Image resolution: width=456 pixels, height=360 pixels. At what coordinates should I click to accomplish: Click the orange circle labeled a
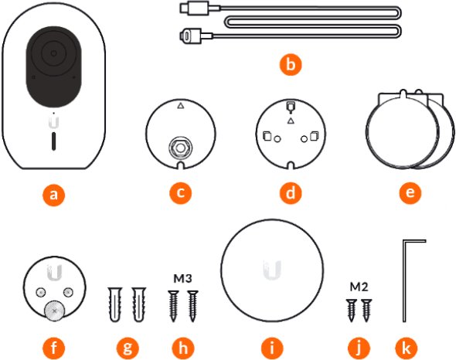point(54,195)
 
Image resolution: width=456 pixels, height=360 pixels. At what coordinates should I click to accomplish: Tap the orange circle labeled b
point(291,64)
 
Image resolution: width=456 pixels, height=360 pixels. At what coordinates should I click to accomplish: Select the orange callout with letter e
point(410,192)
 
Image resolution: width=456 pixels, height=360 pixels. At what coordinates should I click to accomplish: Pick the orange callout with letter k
point(407,348)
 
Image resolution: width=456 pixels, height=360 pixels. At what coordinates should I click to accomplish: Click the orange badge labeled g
point(128,348)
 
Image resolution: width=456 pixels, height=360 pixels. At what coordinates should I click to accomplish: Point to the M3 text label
point(183,279)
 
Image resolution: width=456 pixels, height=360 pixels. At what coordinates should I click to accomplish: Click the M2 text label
point(359,287)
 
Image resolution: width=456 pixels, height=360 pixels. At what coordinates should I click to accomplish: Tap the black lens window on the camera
point(54,66)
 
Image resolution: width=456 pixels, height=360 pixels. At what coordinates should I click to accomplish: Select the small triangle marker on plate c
point(181,106)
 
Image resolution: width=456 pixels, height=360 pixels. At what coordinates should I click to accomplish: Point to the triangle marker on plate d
point(291,121)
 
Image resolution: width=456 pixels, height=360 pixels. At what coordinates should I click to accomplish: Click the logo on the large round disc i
point(272,270)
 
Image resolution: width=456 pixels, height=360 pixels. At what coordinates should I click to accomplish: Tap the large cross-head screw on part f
point(54,311)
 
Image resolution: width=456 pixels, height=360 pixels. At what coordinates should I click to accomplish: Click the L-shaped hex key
point(404,281)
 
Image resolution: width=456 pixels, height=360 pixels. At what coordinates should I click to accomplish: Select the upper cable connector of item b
point(194,8)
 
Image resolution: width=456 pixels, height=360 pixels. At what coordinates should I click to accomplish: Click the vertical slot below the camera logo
point(54,141)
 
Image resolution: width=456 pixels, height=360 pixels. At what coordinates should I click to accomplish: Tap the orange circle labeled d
point(291,192)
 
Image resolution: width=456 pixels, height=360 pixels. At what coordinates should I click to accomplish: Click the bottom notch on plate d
point(291,165)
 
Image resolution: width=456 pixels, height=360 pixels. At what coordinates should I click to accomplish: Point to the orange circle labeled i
point(272,348)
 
